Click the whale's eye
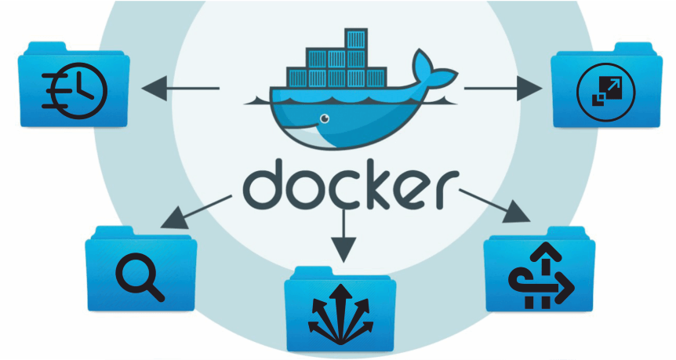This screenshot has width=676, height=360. [324, 118]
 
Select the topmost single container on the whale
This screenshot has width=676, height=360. [356, 38]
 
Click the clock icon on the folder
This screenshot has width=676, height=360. [75, 90]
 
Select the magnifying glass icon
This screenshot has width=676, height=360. [140, 276]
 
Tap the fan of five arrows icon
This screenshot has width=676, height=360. [340, 315]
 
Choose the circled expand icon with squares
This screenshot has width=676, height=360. [605, 92]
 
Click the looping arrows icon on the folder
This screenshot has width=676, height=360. [541, 275]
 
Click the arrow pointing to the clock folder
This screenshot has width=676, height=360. [180, 89]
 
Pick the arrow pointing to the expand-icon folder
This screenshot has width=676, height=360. [503, 89]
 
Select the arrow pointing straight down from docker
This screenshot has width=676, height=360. [343, 235]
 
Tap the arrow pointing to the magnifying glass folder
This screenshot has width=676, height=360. [196, 212]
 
